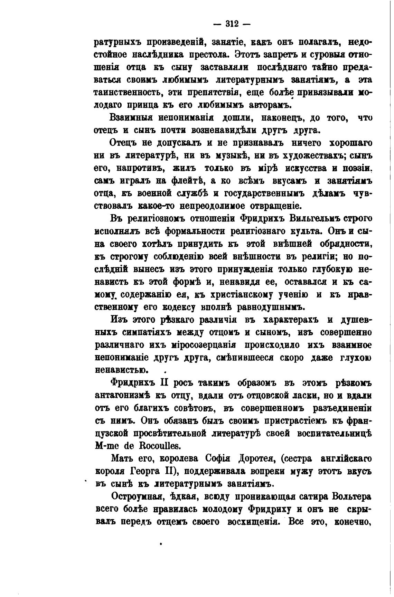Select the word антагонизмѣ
125,396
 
